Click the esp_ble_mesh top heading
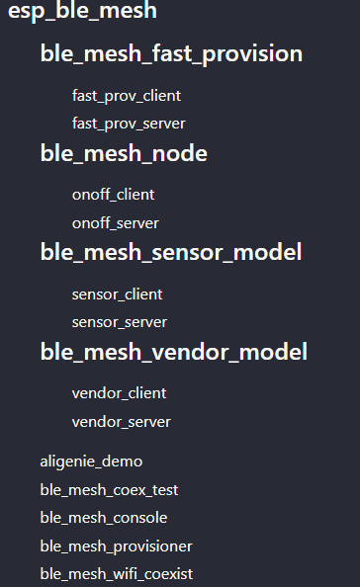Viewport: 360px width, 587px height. click(83, 12)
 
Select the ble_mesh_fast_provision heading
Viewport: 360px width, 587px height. click(171, 54)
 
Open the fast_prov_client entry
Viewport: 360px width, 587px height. click(127, 96)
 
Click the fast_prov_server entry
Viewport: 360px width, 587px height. click(129, 124)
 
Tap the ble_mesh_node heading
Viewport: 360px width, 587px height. click(124, 153)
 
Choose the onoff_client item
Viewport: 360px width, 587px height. click(114, 195)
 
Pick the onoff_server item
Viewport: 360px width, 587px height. click(116, 223)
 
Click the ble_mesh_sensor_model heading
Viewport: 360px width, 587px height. click(171, 252)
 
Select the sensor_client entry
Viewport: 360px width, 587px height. click(117, 294)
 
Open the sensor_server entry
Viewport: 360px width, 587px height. click(120, 322)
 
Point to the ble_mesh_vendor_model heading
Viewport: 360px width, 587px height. click(174, 352)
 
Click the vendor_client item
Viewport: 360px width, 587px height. click(120, 393)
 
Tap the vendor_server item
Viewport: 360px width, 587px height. click(122, 422)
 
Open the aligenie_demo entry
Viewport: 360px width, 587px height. click(91, 461)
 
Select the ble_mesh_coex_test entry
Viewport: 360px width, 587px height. click(109, 489)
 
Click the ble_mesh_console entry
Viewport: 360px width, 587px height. click(104, 518)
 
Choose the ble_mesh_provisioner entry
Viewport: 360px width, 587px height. click(116, 545)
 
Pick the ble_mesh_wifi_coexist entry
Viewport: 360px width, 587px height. click(117, 573)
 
